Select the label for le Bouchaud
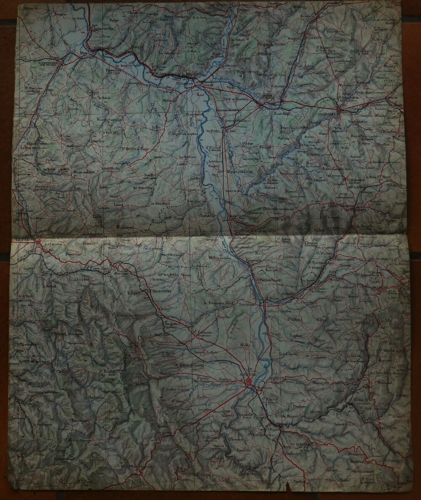click(x=160, y=203)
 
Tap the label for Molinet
click(x=169, y=101)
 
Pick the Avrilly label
click(x=195, y=179)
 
